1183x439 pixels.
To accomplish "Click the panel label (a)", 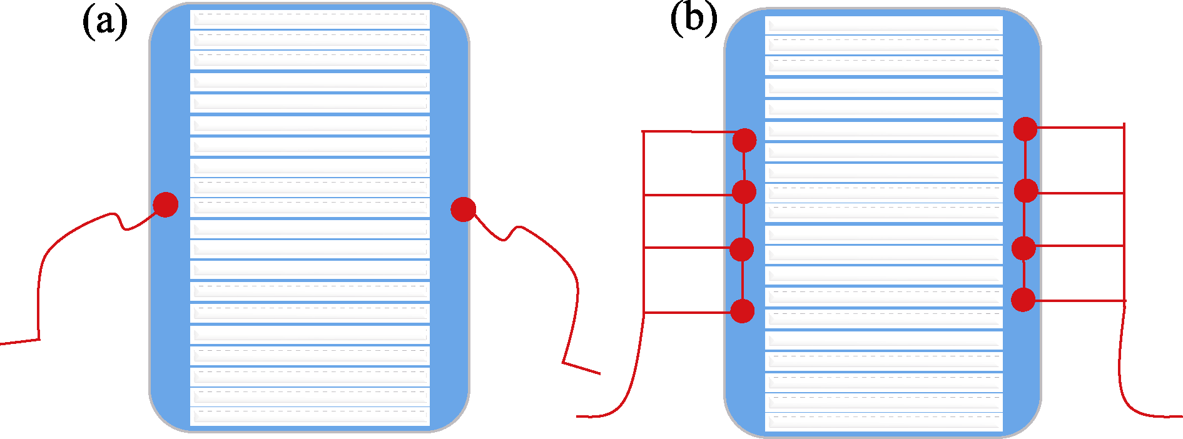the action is (105, 23).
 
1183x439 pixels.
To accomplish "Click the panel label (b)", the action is (693, 18).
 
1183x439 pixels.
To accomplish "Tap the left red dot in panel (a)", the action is (166, 204).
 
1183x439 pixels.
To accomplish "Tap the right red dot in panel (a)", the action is (463, 209).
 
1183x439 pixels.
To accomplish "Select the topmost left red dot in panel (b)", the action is (744, 140).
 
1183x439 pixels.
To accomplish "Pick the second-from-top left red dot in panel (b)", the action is (744, 191).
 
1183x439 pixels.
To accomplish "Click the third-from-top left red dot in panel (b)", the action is (741, 249).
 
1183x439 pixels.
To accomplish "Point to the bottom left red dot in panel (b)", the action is (743, 311).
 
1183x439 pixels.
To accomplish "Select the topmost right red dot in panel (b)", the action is (1025, 129).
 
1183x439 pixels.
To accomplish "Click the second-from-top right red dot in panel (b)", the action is (1026, 190).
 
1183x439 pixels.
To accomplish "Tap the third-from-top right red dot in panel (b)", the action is (1024, 248).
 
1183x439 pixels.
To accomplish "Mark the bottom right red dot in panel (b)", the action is (1023, 300).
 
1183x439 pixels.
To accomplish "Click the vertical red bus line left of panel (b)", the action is (644, 222).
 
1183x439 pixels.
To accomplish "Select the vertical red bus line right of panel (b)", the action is (1124, 213).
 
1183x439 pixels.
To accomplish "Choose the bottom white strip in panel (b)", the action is (884, 421).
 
